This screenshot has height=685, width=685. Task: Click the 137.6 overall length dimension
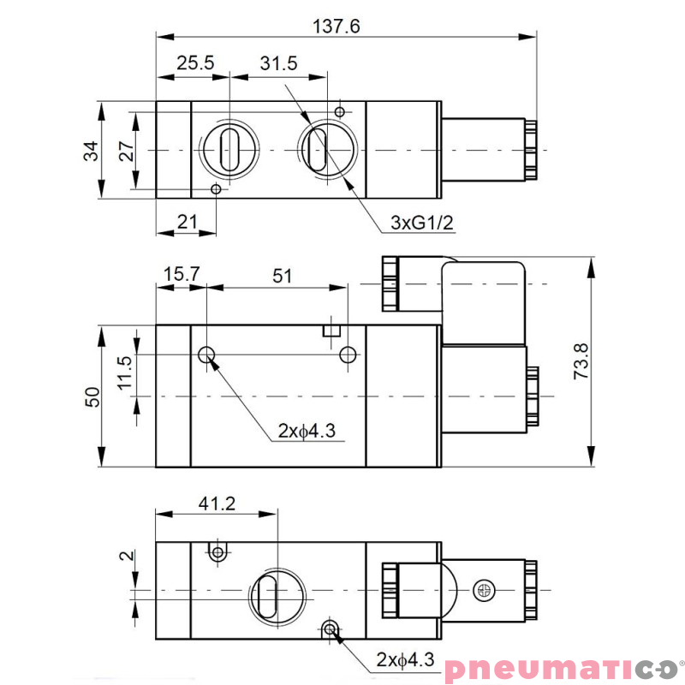337,27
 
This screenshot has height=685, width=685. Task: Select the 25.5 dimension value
195,63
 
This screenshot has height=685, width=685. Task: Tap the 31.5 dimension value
278,63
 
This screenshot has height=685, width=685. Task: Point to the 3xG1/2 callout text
421,223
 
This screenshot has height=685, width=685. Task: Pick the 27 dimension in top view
125,151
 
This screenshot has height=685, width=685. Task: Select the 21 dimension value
186,222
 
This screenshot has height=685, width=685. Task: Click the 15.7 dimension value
182,275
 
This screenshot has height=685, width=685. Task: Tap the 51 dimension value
283,275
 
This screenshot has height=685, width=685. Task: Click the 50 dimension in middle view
92,396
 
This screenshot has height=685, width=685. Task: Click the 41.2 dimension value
217,503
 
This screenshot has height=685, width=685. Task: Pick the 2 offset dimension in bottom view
127,556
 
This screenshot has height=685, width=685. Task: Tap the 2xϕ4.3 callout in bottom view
405,660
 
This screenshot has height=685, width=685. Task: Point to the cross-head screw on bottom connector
486,591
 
